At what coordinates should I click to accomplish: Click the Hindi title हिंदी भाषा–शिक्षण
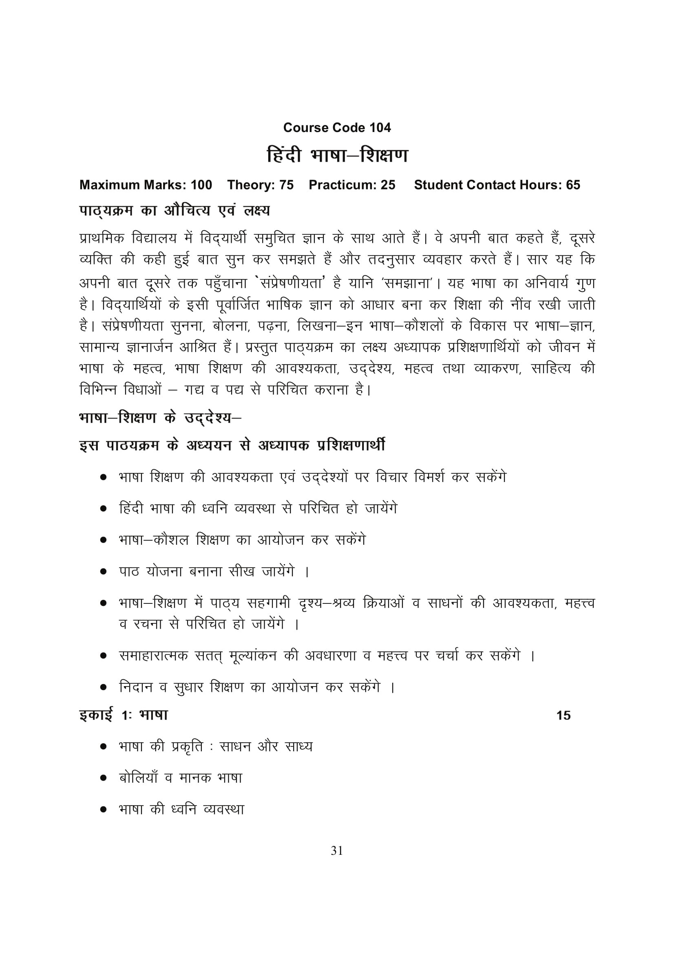pyautogui.click(x=337, y=156)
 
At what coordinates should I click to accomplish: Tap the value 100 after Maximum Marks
pyautogui.click(x=201, y=185)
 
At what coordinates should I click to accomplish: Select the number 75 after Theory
pyautogui.click(x=286, y=185)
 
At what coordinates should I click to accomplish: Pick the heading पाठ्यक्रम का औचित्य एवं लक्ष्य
pyautogui.click(x=175, y=211)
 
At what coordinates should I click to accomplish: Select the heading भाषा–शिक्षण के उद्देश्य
pyautogui.click(x=160, y=418)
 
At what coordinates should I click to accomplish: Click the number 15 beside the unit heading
pyautogui.click(x=563, y=715)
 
